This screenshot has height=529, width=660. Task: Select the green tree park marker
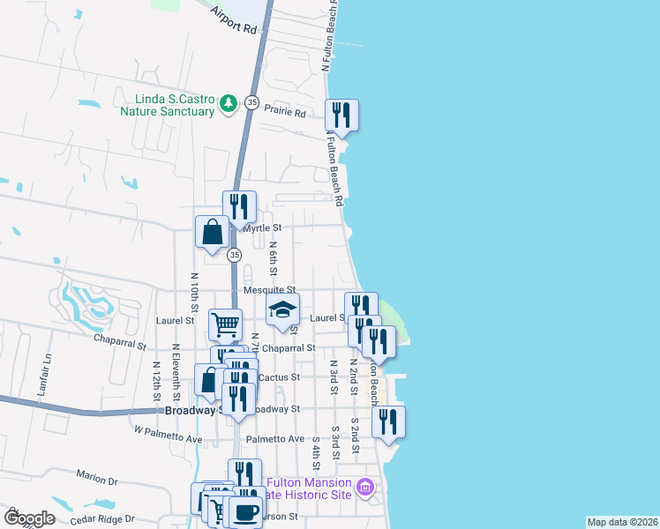pos(229,104)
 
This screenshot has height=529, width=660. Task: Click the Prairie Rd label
pos(288,114)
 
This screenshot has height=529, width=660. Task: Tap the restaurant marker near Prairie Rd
pos(341,115)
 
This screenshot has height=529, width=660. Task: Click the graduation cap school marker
pos(283,309)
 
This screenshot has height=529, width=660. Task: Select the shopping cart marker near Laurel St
pos(225,324)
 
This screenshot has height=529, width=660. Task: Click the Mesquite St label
pos(270,289)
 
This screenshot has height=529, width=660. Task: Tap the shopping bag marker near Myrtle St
pos(214,234)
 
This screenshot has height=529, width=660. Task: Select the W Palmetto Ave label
pos(168,438)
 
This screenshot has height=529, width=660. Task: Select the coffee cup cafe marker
pos(247,512)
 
